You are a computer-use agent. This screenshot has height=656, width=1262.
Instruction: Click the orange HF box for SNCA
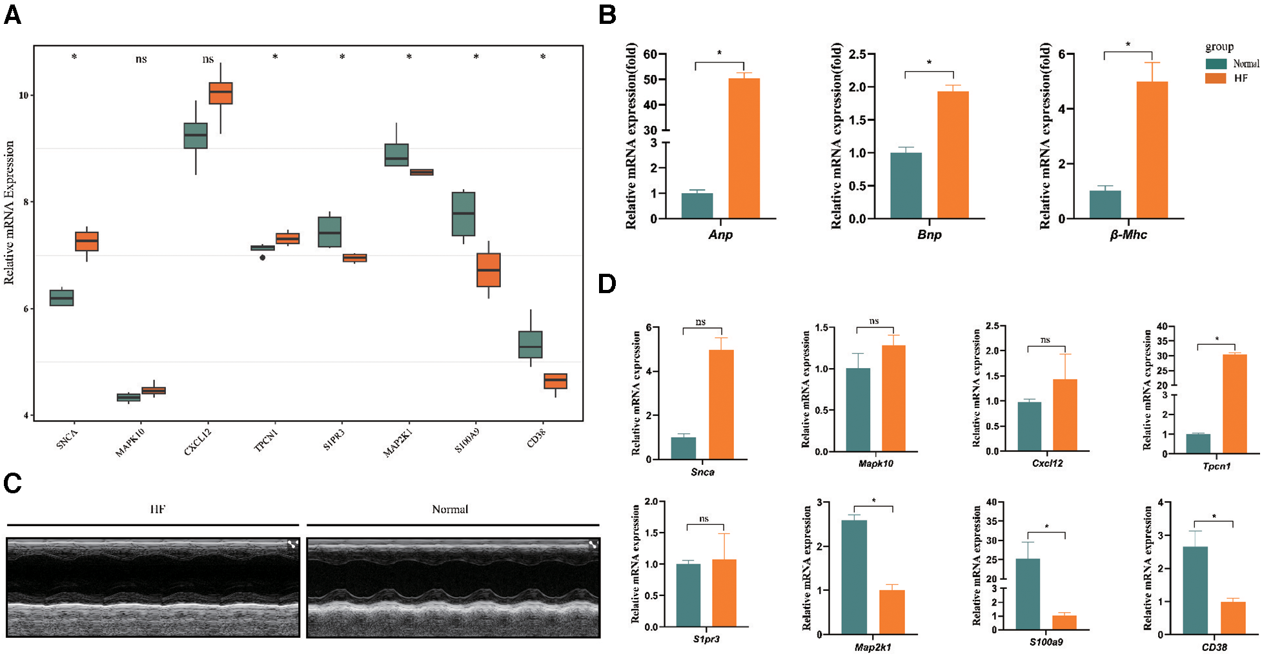(x=87, y=241)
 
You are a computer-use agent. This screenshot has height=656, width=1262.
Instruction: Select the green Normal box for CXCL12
(x=196, y=136)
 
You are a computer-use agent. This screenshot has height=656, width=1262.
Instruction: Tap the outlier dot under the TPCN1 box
(x=262, y=258)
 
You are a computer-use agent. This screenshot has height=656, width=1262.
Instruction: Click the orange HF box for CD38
(x=555, y=381)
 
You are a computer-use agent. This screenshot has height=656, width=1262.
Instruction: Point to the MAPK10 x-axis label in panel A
(x=130, y=442)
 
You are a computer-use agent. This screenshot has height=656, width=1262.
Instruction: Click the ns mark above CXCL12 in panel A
(x=208, y=59)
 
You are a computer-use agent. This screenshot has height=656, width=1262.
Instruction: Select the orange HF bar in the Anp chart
(x=744, y=148)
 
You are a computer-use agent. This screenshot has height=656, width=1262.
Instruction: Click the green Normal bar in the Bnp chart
(x=906, y=185)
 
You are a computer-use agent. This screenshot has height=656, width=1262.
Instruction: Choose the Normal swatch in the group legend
(x=1216, y=64)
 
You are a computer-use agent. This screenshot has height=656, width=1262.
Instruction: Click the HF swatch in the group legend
(x=1216, y=78)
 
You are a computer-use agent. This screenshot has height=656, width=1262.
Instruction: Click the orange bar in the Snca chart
(x=721, y=404)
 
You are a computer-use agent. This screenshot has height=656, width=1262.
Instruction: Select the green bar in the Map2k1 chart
(x=854, y=577)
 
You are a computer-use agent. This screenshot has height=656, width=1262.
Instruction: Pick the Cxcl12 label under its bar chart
(x=1047, y=463)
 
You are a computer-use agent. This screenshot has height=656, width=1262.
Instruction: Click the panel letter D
(x=607, y=284)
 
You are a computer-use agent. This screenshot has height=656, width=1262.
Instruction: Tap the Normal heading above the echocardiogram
(x=450, y=509)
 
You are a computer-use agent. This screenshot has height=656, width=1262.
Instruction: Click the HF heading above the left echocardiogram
(x=158, y=509)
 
